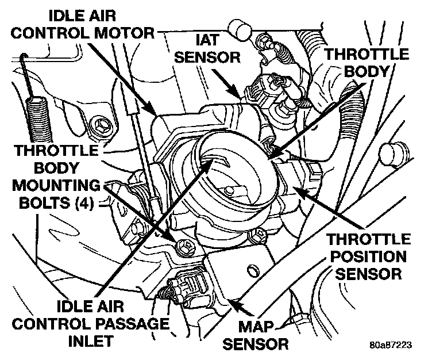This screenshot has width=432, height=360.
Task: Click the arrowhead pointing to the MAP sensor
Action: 230,297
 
